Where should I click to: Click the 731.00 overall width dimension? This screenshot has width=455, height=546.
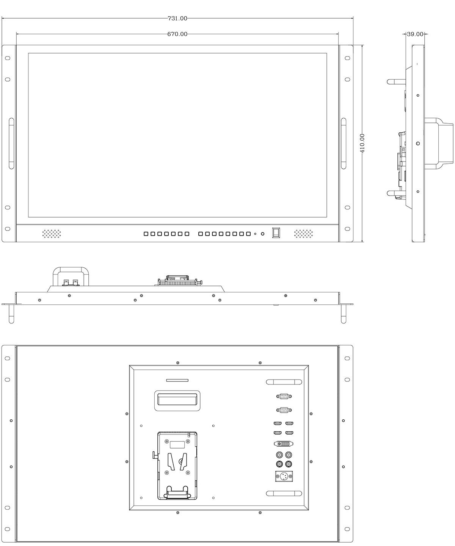click(177, 18)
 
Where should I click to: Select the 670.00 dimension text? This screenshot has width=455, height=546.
click(177, 34)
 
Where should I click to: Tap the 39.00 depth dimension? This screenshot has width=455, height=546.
click(415, 34)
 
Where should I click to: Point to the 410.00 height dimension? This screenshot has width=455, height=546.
click(362, 143)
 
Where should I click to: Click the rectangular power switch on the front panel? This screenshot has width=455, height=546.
click(276, 233)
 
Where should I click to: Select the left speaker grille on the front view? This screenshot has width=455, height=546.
click(52, 234)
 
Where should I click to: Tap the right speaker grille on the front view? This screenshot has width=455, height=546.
click(303, 234)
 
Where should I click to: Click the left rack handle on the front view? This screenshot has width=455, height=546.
click(11, 143)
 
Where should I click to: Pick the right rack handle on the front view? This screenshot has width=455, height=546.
click(344, 143)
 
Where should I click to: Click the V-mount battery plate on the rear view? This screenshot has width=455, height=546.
click(177, 466)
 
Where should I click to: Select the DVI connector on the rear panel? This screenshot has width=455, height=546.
click(284, 444)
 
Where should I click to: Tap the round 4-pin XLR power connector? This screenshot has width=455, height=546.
click(284, 476)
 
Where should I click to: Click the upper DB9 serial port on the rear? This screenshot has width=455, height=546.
click(284, 396)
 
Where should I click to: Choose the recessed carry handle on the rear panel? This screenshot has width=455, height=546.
click(177, 401)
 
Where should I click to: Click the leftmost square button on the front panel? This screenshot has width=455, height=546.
click(146, 234)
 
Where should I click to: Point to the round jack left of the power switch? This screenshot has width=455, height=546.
click(262, 234)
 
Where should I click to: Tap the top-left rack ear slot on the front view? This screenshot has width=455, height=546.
click(8, 58)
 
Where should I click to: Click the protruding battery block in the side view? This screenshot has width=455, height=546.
click(439, 143)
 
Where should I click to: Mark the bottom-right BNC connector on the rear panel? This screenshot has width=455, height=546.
click(289, 464)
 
